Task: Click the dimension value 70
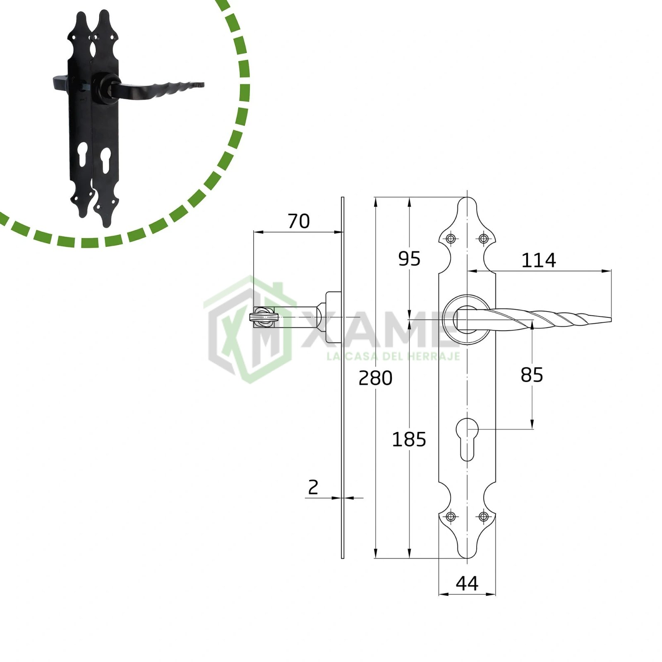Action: pos(299,221)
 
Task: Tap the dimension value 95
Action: pos(409,259)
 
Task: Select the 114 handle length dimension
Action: pos(538,261)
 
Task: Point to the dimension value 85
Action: pos(532,375)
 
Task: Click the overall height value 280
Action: pos(375,378)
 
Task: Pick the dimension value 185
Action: pos(409,439)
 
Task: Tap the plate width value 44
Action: pos(467,583)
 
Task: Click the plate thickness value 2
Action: pos(313,487)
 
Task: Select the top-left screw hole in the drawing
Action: pos(451,238)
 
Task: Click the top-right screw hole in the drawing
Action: pos(483,238)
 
